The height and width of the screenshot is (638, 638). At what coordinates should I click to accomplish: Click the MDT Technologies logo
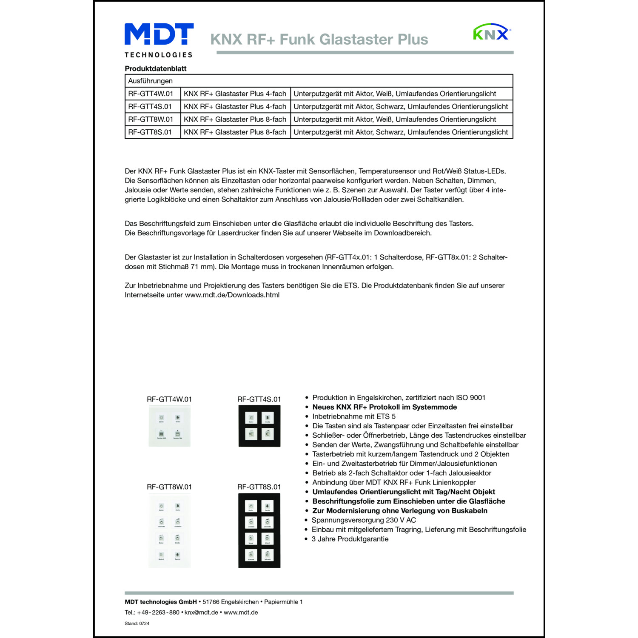(159, 40)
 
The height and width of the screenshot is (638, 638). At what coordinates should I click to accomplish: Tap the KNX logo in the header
(492, 32)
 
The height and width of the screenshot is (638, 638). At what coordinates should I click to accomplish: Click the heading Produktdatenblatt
(155, 68)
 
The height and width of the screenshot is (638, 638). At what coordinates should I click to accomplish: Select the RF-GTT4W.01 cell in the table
(151, 94)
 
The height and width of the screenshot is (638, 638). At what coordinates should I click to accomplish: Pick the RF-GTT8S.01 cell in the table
(150, 132)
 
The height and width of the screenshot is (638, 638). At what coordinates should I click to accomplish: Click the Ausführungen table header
(150, 81)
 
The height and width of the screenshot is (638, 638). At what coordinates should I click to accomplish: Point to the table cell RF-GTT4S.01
(150, 106)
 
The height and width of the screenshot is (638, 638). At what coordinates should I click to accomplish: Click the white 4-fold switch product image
(169, 426)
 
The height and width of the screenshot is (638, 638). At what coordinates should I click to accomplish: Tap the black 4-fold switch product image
(259, 426)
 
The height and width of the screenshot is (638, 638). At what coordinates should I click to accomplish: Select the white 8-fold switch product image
(169, 532)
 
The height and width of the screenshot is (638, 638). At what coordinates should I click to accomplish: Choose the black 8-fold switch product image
(259, 531)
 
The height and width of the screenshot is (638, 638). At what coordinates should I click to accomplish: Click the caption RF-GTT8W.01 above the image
(169, 487)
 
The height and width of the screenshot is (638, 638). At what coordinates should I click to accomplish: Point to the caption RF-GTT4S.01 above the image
(259, 399)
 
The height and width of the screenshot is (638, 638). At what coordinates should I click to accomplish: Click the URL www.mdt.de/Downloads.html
(232, 295)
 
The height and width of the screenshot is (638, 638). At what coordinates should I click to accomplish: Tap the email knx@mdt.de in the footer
(201, 612)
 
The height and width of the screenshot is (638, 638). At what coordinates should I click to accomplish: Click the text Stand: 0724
(137, 624)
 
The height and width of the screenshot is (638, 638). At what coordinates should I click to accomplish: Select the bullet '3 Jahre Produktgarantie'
(350, 539)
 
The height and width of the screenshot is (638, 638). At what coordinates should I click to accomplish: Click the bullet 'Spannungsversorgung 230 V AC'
(364, 520)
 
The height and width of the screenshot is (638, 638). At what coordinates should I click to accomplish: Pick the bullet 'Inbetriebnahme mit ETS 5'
(354, 416)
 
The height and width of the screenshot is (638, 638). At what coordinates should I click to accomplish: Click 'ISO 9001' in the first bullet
(470, 398)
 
